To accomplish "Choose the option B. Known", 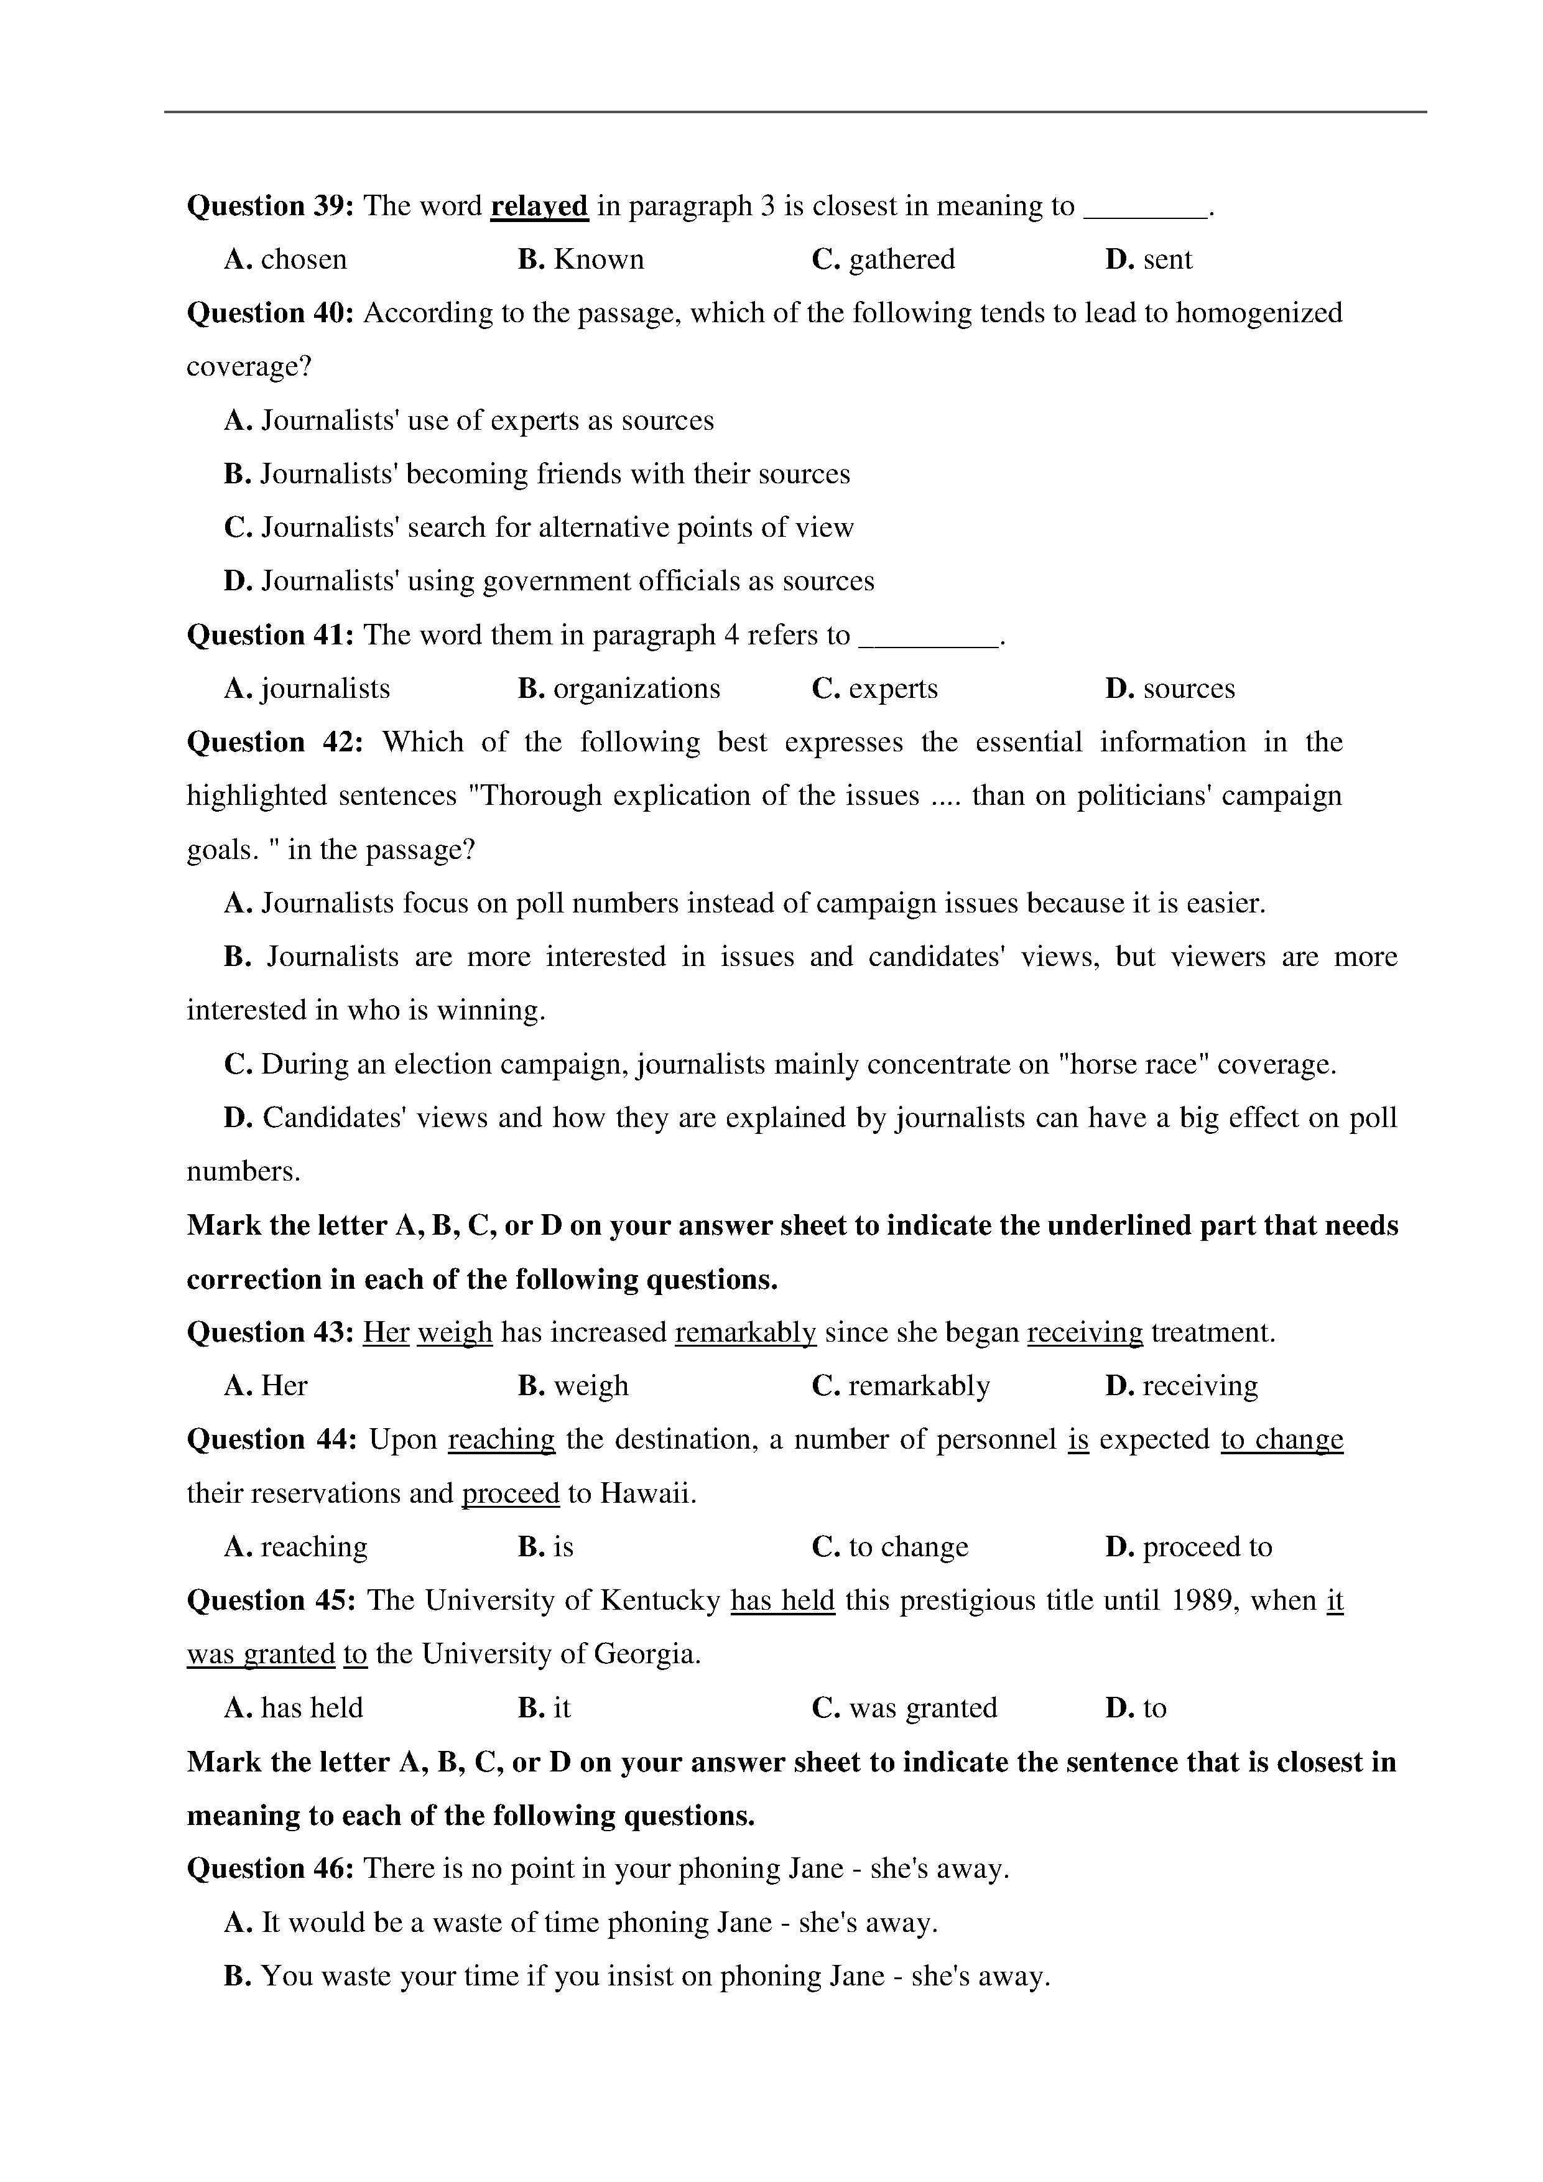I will [580, 259].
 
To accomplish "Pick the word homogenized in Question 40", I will [1259, 313].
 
